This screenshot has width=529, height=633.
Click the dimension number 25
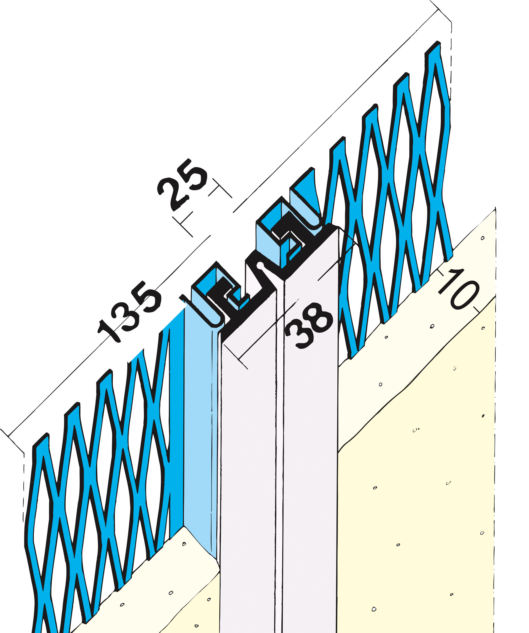coord(182,185)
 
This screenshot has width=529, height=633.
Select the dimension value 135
coord(129,312)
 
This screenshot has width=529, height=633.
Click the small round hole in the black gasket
coord(259,265)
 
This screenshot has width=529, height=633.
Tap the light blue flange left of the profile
coord(199,422)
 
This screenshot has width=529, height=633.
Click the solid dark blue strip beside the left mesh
coord(177,422)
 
